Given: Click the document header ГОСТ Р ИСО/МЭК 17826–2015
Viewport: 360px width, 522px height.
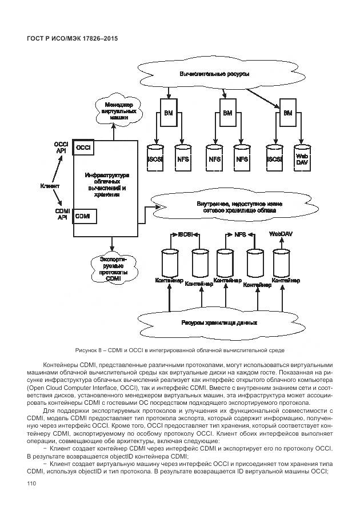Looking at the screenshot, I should (x=76, y=38).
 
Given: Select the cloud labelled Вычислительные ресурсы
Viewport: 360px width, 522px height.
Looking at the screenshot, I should (x=214, y=74).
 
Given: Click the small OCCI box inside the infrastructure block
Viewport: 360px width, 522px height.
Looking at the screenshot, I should (x=84, y=148).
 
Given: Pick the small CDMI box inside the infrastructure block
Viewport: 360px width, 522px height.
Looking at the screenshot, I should (x=84, y=216).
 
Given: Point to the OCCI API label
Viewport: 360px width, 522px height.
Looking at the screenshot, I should (x=61, y=148).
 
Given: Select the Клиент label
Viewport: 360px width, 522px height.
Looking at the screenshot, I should (x=50, y=186).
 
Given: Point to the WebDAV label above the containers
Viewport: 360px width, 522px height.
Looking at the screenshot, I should (x=280, y=234).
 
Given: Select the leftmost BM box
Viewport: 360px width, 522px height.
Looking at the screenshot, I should (x=169, y=113).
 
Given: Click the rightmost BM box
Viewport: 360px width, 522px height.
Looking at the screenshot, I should (x=287, y=113).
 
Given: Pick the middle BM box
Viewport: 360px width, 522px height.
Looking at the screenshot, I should (x=228, y=113).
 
